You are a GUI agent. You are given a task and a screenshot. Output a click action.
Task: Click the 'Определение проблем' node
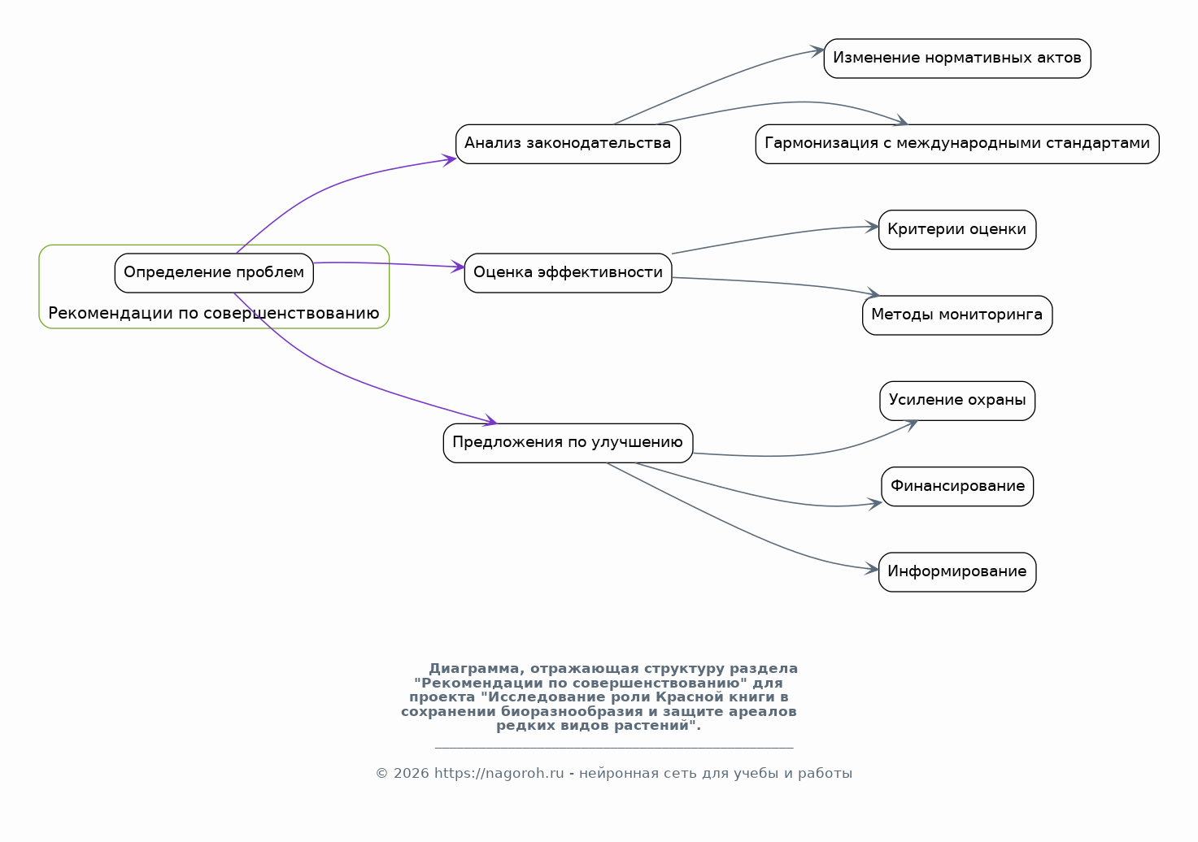[214, 272]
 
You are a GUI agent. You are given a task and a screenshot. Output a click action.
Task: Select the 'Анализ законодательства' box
[568, 144]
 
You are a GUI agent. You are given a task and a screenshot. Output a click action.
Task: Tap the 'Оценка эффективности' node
[568, 272]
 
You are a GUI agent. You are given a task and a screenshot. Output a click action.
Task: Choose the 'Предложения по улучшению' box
[568, 443]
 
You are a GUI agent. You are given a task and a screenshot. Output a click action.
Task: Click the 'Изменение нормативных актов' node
[957, 59]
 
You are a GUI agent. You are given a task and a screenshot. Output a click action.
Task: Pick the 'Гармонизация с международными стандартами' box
[957, 144]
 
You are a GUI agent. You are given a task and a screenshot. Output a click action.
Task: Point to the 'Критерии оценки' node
[957, 229]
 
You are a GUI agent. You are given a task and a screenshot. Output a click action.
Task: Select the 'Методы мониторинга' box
[957, 315]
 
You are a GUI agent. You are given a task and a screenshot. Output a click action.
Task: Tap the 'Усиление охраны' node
[957, 401]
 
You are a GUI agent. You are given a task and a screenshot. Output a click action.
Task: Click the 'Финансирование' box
[957, 487]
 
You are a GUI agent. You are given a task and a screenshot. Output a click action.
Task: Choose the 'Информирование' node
[957, 572]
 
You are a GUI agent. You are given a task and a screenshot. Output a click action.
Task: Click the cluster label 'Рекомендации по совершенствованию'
[214, 313]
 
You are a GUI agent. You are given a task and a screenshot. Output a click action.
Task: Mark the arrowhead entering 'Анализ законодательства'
[448, 159]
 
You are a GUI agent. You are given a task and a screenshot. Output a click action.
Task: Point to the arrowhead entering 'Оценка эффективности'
[457, 267]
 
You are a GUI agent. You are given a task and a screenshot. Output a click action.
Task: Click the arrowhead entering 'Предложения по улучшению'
[490, 421]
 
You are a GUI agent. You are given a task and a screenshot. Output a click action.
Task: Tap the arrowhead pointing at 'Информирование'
[871, 569]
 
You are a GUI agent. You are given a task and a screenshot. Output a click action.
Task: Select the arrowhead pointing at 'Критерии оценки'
[872, 227]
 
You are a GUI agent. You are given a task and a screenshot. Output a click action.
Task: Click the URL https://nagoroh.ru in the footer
[499, 774]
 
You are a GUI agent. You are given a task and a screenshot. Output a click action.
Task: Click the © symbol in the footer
[382, 774]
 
